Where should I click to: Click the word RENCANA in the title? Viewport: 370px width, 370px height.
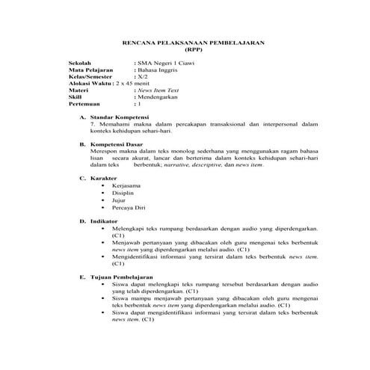pyautogui.click(x=138, y=43)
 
